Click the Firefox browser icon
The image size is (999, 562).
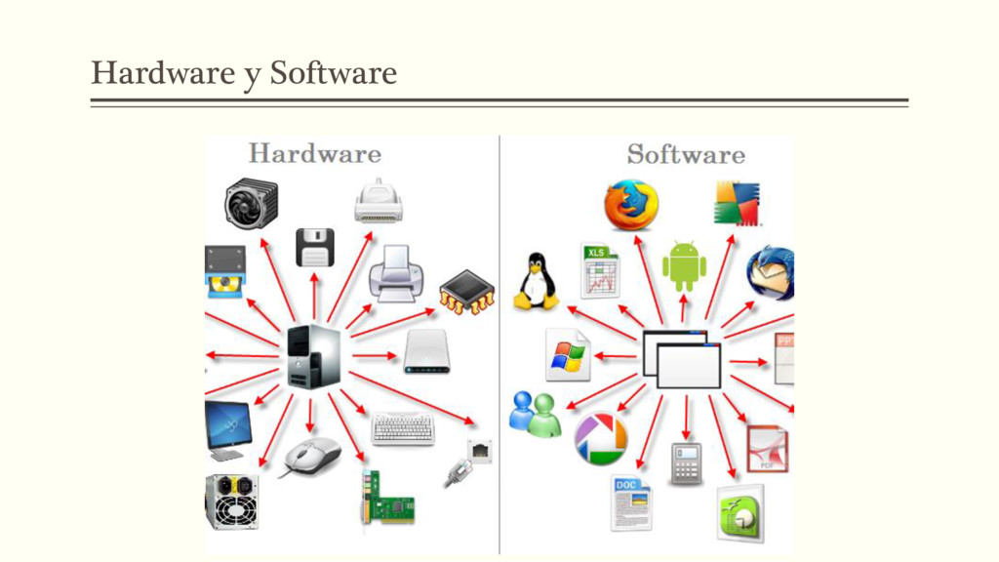[629, 205]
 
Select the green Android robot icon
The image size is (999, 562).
[684, 266]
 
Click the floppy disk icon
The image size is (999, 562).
[314, 247]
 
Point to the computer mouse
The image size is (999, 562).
[312, 456]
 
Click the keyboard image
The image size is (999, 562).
[402, 428]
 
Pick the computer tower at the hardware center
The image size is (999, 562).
[314, 357]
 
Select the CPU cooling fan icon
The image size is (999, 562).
[251, 203]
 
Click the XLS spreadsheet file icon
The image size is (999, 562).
[600, 270]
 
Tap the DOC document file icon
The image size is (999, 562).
[630, 502]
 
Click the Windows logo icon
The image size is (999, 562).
[568, 354]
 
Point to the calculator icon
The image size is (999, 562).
[686, 462]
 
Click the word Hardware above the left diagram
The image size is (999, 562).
[314, 153]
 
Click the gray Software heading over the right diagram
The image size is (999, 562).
[685, 154]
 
